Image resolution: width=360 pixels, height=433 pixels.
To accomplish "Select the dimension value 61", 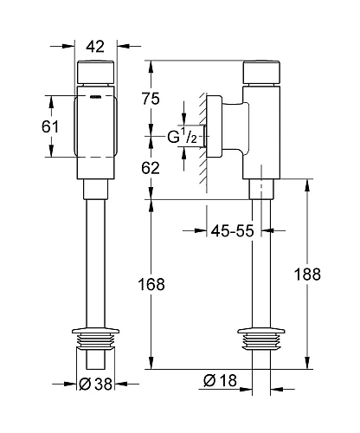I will click(50, 126).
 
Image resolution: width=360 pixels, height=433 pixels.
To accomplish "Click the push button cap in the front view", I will click(96, 72).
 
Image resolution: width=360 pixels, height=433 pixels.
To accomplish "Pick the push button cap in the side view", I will click(260, 72).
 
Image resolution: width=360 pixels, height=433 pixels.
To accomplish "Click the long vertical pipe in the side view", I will click(260, 260).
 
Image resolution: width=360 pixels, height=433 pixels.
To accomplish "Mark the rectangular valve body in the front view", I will click(96, 130).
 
